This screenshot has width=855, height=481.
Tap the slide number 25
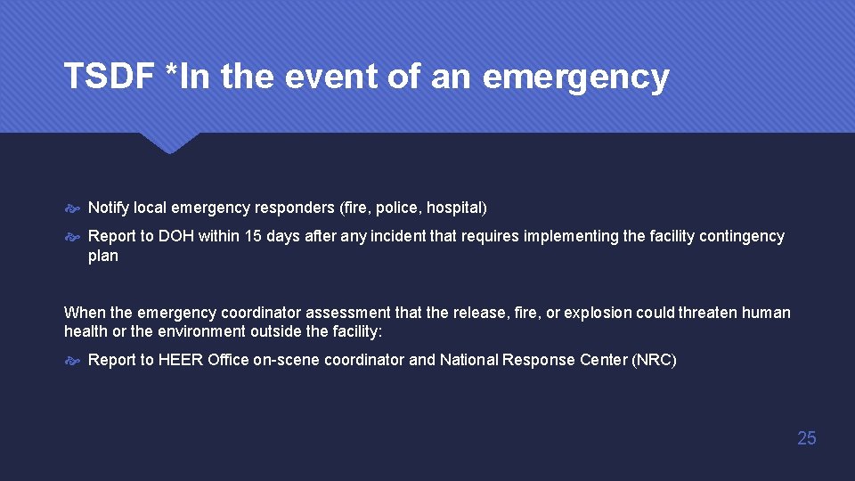pyautogui.click(x=806, y=437)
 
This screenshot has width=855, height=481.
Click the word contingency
pyautogui.click(x=742, y=236)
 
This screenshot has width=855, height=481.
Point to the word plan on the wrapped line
pyautogui.click(x=102, y=256)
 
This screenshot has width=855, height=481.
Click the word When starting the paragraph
pyautogui.click(x=84, y=313)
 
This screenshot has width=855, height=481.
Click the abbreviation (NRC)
pyautogui.click(x=653, y=360)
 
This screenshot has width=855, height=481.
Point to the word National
pyautogui.click(x=468, y=360)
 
